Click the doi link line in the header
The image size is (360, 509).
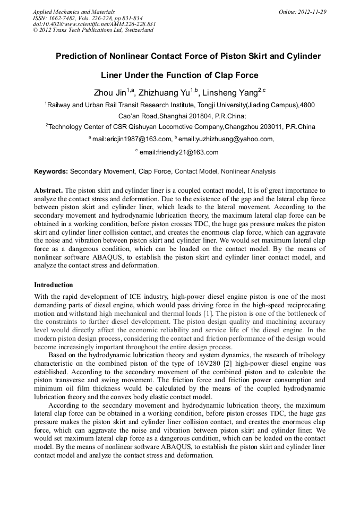(x=94, y=24)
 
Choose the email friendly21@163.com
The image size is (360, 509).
(x=179, y=152)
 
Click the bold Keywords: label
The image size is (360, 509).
(x=51, y=171)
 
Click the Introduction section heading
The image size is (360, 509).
(x=54, y=285)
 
